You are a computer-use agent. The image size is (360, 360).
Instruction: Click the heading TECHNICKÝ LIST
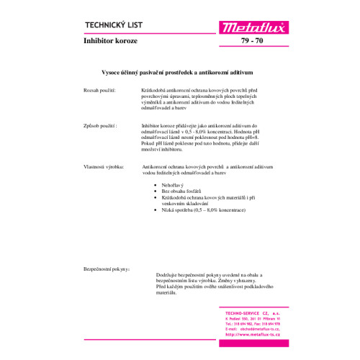(x=118, y=25)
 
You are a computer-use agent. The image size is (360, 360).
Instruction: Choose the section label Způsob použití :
(x=100, y=125)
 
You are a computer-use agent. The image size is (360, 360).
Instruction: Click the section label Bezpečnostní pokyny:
(x=107, y=268)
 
